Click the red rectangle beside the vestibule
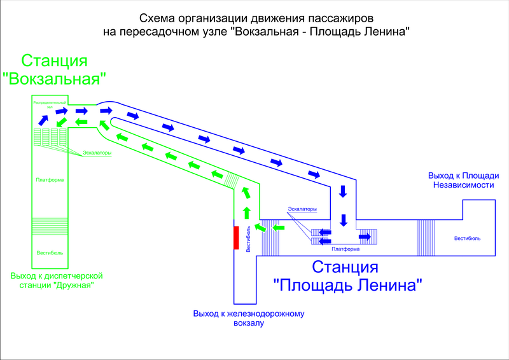[236, 238]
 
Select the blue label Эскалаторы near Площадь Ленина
[302, 210]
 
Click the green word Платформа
[49, 180]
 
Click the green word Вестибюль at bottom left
[49, 251]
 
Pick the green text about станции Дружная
[57, 280]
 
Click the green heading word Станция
[54, 61]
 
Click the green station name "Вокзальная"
[54, 79]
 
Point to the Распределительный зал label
[49, 104]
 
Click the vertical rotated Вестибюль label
[248, 239]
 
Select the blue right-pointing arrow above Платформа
[365, 237]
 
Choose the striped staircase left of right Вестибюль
[425, 237]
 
